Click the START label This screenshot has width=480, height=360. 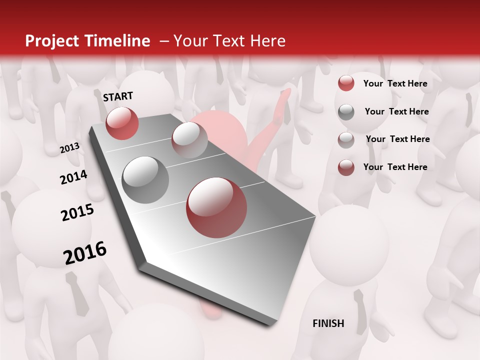tap(118, 96)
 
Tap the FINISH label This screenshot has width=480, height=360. tap(328, 323)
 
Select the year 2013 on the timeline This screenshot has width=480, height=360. tap(69, 148)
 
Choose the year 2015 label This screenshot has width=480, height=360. tap(77, 212)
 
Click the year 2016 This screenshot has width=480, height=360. tap(85, 252)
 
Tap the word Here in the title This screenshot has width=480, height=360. tap(267, 41)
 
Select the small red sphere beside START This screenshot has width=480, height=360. tap(122, 123)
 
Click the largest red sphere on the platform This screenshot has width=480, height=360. tap(216, 207)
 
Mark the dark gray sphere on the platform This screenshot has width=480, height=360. tap(145, 180)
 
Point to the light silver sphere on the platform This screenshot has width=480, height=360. tap(189, 139)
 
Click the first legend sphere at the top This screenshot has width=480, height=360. tap(346, 83)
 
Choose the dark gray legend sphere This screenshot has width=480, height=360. tap(346, 112)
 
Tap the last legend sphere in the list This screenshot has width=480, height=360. tap(346, 167)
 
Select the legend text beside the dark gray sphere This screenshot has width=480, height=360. tap(396, 111)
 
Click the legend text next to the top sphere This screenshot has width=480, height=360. tap(395, 83)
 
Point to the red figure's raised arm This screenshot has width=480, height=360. tap(272, 130)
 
